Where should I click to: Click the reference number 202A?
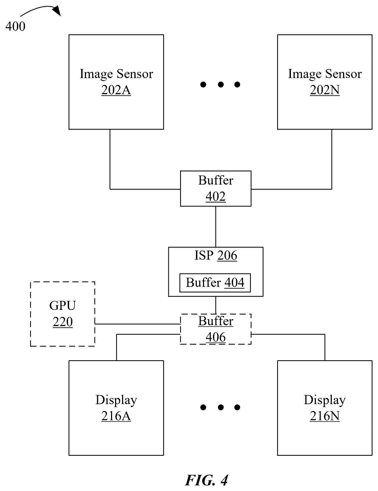pyautogui.click(x=116, y=90)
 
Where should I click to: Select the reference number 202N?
pyautogui.click(x=325, y=90)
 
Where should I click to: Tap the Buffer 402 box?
pyautogui.click(x=216, y=189)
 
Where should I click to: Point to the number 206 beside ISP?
pyautogui.click(x=227, y=255)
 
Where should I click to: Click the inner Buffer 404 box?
pyautogui.click(x=215, y=283)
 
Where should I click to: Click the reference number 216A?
pyautogui.click(x=116, y=416)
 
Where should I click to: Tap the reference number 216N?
pyautogui.click(x=325, y=416)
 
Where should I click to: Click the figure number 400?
pyautogui.click(x=15, y=26)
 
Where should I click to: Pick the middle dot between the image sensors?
pyautogui.click(x=221, y=85)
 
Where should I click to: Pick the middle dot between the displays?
pyautogui.click(x=221, y=407)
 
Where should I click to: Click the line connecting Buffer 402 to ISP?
pyautogui.click(x=216, y=227)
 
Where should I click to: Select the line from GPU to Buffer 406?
pyautogui.click(x=137, y=324)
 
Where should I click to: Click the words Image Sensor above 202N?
pyautogui.click(x=325, y=74)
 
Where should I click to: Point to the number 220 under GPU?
pyautogui.click(x=63, y=322)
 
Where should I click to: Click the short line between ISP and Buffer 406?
pyautogui.click(x=216, y=305)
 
